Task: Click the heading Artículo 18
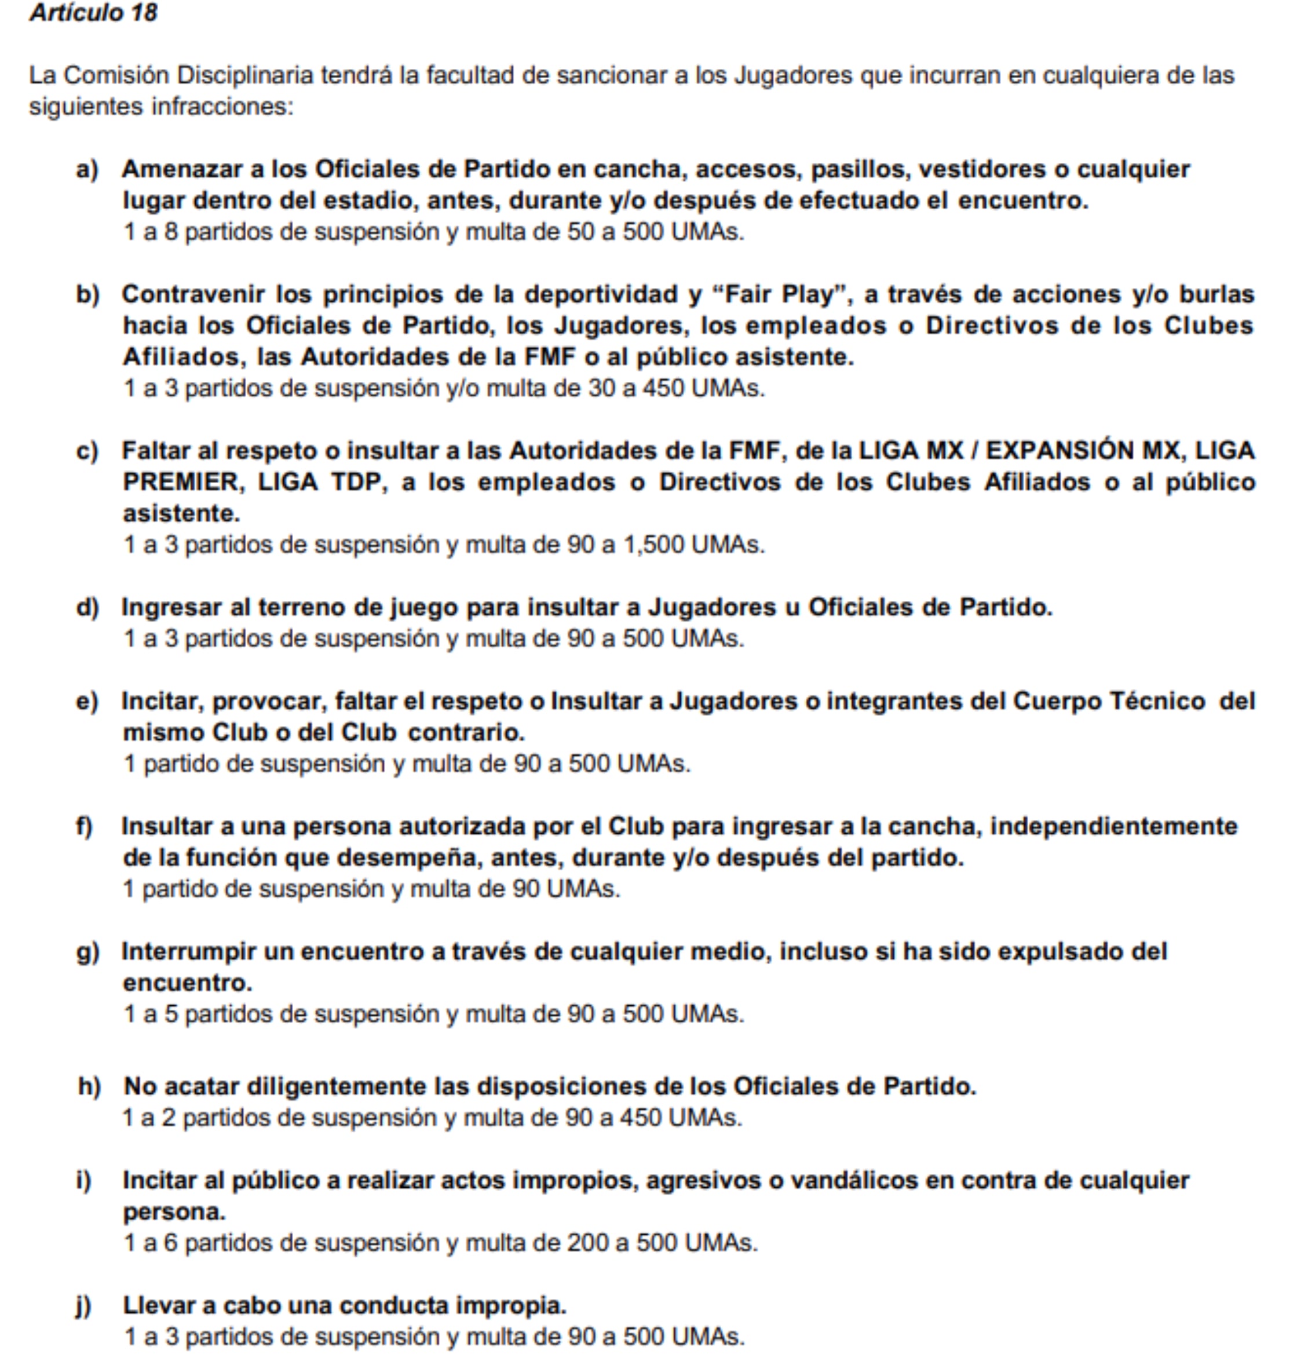(93, 13)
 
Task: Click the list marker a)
(87, 169)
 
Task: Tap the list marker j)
(84, 1306)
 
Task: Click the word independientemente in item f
(1113, 826)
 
